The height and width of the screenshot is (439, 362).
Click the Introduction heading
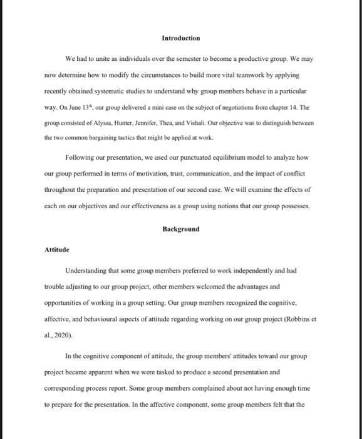point(180,38)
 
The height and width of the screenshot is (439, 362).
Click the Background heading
point(180,229)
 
